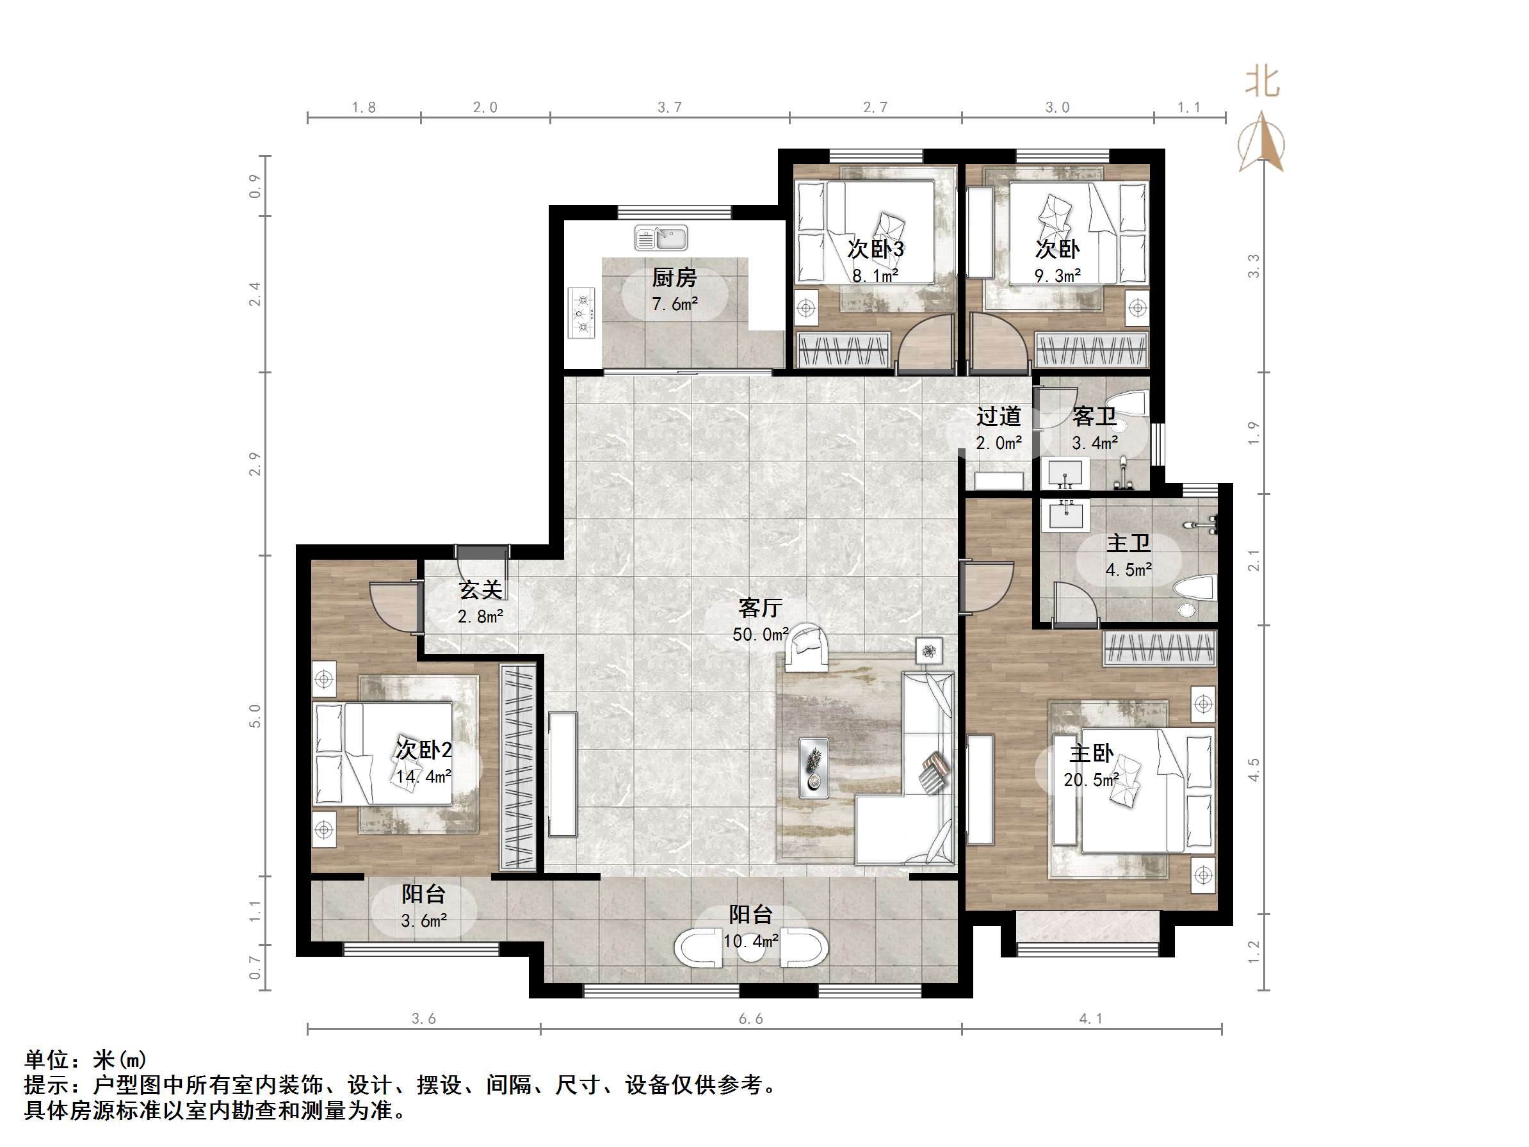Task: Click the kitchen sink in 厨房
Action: click(x=661, y=238)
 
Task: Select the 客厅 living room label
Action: click(x=759, y=608)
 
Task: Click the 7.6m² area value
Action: click(x=675, y=304)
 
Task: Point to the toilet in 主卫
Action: click(x=1193, y=594)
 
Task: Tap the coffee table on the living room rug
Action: click(x=814, y=764)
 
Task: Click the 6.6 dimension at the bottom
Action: click(x=750, y=1018)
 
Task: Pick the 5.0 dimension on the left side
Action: click(x=255, y=715)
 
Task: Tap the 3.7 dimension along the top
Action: click(x=669, y=107)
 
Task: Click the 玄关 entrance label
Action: click(x=480, y=590)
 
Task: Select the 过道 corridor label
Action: click(x=998, y=416)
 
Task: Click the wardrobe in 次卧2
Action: click(x=519, y=767)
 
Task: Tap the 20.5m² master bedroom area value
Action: click(x=1091, y=780)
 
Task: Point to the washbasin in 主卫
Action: click(x=1066, y=515)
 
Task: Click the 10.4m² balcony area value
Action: click(x=750, y=940)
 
